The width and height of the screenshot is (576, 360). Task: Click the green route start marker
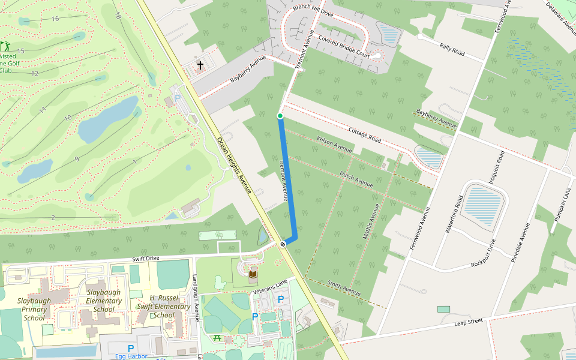pyautogui.click(x=280, y=116)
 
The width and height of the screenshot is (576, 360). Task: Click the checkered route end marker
pyautogui.click(x=282, y=244)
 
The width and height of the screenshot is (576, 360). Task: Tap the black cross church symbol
pyautogui.click(x=200, y=65)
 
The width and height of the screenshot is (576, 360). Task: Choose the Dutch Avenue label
pyautogui.click(x=356, y=178)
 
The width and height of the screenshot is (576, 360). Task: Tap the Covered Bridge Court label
pyautogui.click(x=344, y=46)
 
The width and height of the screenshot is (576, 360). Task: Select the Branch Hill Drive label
pyautogui.click(x=312, y=11)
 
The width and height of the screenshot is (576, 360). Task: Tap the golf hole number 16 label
pyautogui.click(x=55, y=19)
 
